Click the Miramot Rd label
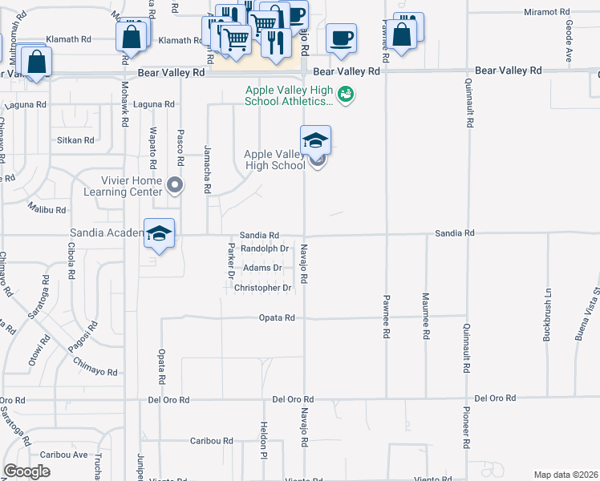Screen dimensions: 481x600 pos(546,13)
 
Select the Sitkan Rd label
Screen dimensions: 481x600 pos(75,139)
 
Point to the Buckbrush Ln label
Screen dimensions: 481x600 pos(549,314)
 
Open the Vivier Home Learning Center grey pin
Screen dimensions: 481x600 pos(177,187)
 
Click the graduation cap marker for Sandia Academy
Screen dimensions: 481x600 pos(160,232)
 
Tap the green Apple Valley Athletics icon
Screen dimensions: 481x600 pos(346,95)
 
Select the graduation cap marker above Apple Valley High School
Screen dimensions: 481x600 pos(316,139)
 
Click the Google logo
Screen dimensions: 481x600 pos(27,471)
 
